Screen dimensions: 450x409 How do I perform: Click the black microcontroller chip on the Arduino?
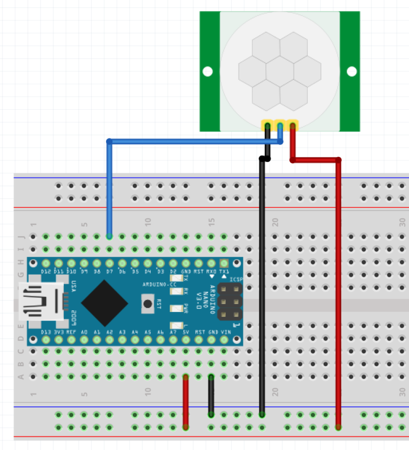click(x=104, y=302)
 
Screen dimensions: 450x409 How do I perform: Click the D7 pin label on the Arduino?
click(x=110, y=272)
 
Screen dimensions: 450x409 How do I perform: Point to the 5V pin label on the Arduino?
click(x=186, y=332)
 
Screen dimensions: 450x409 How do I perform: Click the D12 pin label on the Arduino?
click(x=46, y=272)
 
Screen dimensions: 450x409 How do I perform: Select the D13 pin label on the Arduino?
click(x=46, y=332)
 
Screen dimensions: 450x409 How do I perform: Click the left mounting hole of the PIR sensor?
click(x=208, y=71)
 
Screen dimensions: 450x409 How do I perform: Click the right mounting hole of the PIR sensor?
click(x=351, y=71)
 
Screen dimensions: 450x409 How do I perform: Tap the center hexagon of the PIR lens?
click(x=280, y=71)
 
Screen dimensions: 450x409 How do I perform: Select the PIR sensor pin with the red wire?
click(x=292, y=126)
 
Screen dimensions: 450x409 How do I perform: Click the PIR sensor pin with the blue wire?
click(x=280, y=126)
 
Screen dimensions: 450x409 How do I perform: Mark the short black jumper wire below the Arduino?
click(x=211, y=395)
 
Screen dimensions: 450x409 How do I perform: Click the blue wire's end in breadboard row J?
click(x=110, y=236)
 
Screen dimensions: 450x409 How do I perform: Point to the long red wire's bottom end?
click(x=338, y=427)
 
